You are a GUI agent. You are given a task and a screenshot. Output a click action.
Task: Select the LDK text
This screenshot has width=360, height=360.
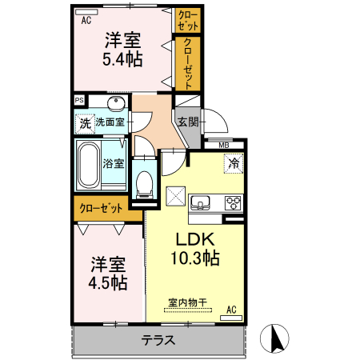click(x=194, y=240)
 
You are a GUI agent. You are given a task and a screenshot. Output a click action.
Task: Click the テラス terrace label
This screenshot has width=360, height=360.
click(x=158, y=339)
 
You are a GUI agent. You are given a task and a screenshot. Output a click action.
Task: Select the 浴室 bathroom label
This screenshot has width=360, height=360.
click(x=114, y=163)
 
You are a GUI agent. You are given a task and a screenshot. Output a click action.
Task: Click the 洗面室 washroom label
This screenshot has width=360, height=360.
click(x=110, y=122)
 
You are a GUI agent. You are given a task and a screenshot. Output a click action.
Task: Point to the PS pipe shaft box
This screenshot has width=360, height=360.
click(x=78, y=101)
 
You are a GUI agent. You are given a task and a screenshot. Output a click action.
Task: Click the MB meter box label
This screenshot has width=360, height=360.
click(x=224, y=145)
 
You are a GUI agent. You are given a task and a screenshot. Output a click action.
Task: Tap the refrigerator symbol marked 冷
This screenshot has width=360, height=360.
click(x=234, y=163)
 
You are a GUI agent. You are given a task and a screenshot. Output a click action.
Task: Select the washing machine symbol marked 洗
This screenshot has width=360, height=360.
click(x=84, y=124)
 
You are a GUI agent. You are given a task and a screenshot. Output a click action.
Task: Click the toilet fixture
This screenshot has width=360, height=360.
click(x=144, y=183)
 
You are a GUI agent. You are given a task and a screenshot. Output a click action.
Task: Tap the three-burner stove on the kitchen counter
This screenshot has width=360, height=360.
click(x=234, y=201)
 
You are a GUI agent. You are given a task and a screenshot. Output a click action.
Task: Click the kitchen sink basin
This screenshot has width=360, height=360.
click(x=200, y=200)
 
